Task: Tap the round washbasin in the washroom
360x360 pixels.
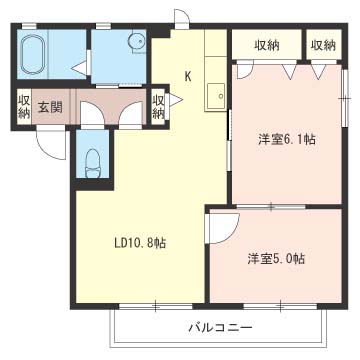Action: coord(137,41)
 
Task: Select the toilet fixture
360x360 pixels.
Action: coord(92,163)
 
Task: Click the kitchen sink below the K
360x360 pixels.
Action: coord(215,97)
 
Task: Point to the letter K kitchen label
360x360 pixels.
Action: coord(188,77)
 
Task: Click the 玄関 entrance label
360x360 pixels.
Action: coord(50,108)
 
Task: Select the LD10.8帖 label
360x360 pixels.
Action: coord(140,244)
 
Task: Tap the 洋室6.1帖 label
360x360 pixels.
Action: coord(287,139)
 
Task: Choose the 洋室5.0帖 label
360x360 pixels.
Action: coord(276,259)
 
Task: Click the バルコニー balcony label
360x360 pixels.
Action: coord(221,328)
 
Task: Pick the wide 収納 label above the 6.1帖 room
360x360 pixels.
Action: coord(267,45)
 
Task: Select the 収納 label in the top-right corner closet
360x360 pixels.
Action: coord(324,45)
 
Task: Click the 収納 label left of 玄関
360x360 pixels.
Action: coord(24,107)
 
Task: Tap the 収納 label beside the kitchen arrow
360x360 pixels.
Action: coord(158,107)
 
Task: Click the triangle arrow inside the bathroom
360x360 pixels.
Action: coord(80,68)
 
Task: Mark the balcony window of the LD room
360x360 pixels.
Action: coord(156,306)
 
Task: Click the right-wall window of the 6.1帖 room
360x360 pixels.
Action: coord(345,98)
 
